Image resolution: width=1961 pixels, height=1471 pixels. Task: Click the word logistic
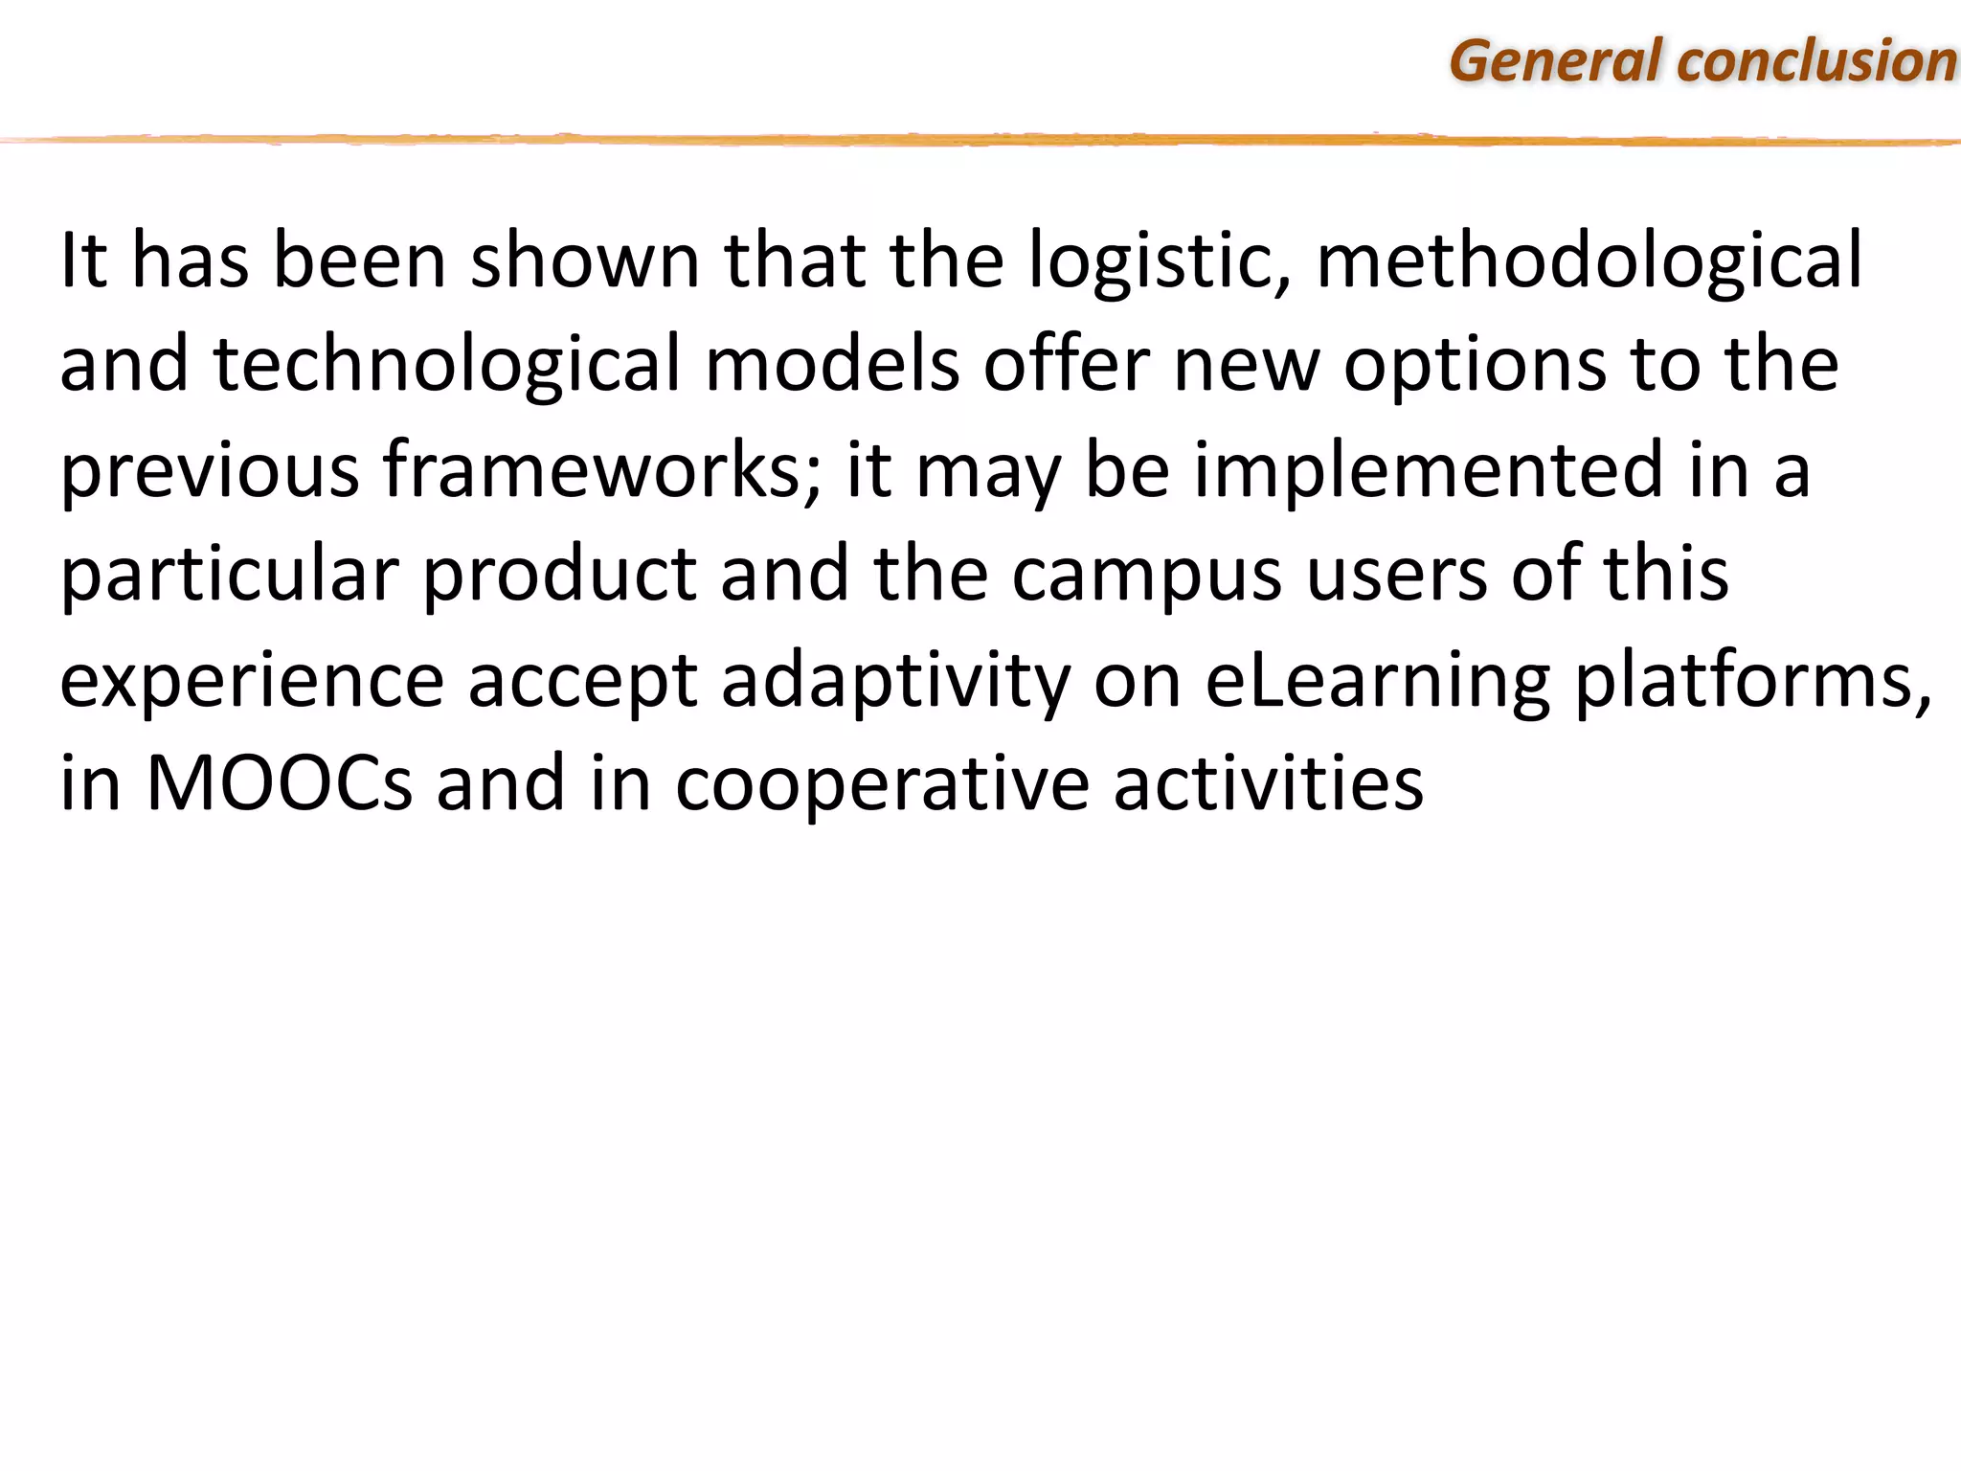click(1160, 260)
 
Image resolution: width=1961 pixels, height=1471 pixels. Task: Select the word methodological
click(1589, 260)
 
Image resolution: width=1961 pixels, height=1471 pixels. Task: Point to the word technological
click(446, 365)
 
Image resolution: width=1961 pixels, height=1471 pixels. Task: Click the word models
click(832, 365)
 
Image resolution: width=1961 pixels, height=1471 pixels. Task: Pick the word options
click(1475, 365)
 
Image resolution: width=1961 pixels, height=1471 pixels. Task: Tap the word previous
click(210, 470)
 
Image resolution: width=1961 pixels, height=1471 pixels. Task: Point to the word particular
click(229, 575)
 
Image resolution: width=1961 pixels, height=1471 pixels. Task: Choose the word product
click(559, 575)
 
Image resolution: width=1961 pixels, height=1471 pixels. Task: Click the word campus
click(1146, 575)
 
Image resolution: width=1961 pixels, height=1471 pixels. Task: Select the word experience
click(252, 681)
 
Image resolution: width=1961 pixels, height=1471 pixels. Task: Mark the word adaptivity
click(895, 681)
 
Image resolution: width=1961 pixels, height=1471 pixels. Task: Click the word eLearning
click(1377, 681)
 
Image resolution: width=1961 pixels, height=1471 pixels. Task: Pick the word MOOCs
click(279, 783)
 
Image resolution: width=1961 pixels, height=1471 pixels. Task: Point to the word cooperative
click(882, 783)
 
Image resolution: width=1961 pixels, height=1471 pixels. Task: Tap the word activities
click(1268, 783)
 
